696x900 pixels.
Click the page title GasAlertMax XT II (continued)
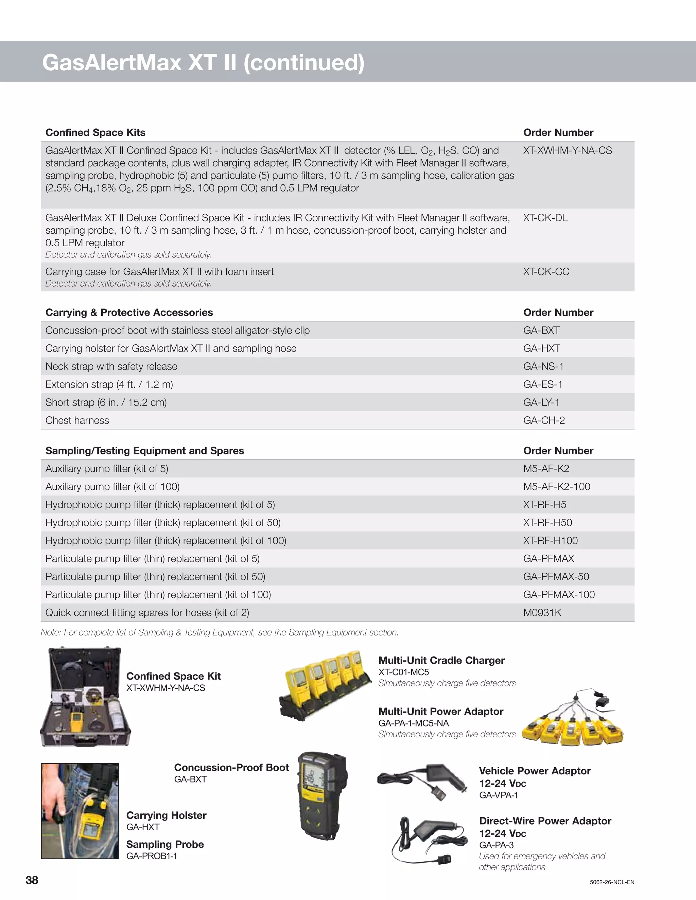click(x=203, y=62)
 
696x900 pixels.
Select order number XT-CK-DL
click(x=545, y=218)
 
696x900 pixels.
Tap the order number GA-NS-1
click(x=543, y=366)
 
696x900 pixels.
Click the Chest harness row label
click(x=77, y=420)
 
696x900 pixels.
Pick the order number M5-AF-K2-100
click(x=557, y=487)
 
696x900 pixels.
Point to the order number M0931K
click(x=542, y=613)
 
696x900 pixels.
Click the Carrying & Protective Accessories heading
click(x=129, y=312)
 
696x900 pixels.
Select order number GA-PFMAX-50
click(x=556, y=577)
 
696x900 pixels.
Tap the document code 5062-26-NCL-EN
click(x=612, y=882)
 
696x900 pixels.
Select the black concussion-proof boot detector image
click(x=322, y=795)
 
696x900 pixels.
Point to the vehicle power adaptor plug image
click(x=423, y=780)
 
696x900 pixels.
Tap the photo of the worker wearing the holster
click(x=80, y=811)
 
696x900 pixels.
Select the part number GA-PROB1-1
click(x=151, y=856)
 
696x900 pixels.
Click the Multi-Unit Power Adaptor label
click(x=440, y=711)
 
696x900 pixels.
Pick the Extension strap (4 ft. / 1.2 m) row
click(x=109, y=384)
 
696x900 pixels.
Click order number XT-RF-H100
click(x=550, y=541)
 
